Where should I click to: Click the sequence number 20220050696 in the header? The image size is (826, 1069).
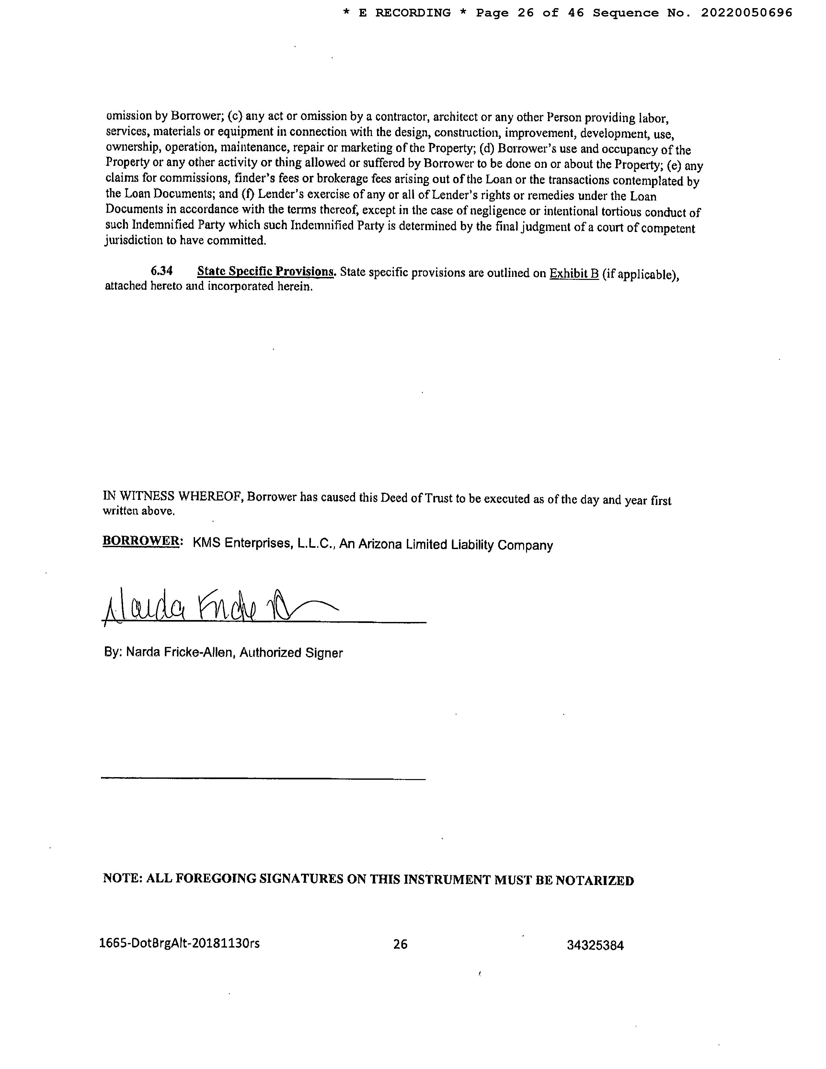pyautogui.click(x=746, y=13)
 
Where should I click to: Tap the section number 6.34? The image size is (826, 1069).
pyautogui.click(x=162, y=271)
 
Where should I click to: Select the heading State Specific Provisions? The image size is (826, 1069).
pyautogui.click(x=266, y=272)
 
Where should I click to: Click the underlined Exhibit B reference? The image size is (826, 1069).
pyautogui.click(x=574, y=274)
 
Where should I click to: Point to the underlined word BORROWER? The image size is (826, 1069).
pyautogui.click(x=140, y=541)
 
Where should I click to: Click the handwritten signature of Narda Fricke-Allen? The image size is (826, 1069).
pyautogui.click(x=215, y=608)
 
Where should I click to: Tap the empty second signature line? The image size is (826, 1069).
pyautogui.click(x=263, y=778)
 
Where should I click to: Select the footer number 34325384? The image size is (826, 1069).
pyautogui.click(x=595, y=945)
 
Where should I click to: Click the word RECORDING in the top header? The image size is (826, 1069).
pyautogui.click(x=413, y=13)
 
